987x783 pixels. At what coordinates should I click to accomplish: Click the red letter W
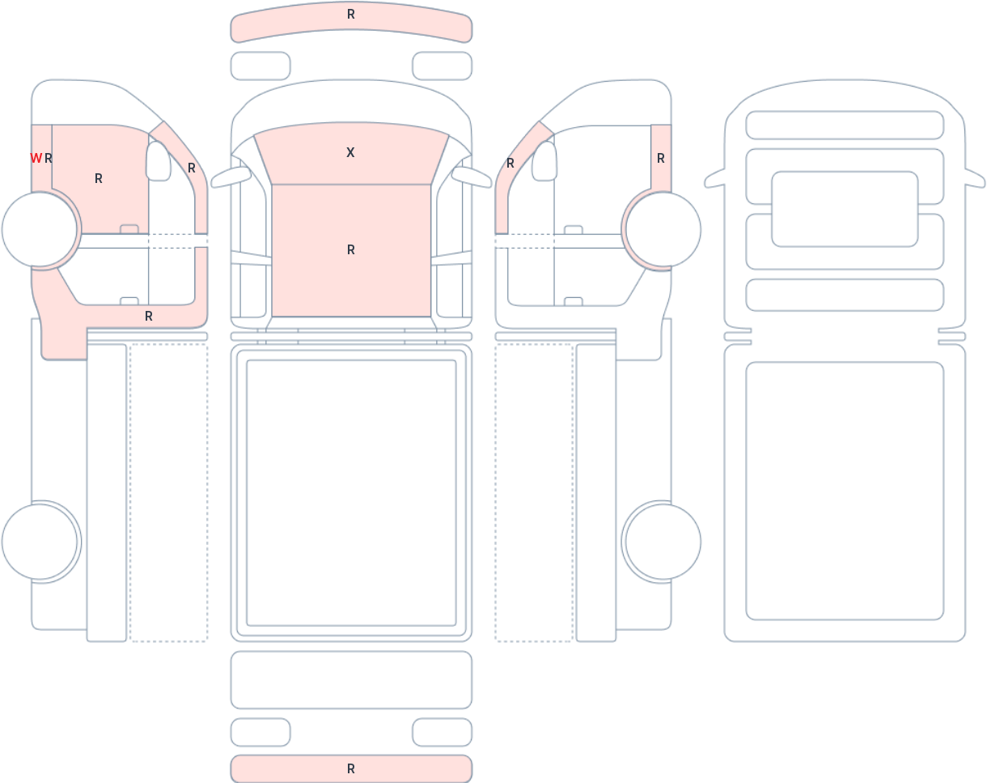36,159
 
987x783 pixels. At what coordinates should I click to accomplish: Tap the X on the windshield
350,152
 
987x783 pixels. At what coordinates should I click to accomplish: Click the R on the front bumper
351,15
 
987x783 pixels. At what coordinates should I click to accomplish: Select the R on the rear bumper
351,768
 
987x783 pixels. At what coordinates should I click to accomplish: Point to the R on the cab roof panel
351,249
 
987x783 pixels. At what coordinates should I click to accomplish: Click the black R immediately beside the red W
49,159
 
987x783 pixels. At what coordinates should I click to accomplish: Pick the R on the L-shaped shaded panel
149,316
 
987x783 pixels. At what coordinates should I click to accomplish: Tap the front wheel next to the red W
40,229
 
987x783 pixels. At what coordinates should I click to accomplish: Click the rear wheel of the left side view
40,542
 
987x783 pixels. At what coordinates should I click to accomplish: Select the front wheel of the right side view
663,229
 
